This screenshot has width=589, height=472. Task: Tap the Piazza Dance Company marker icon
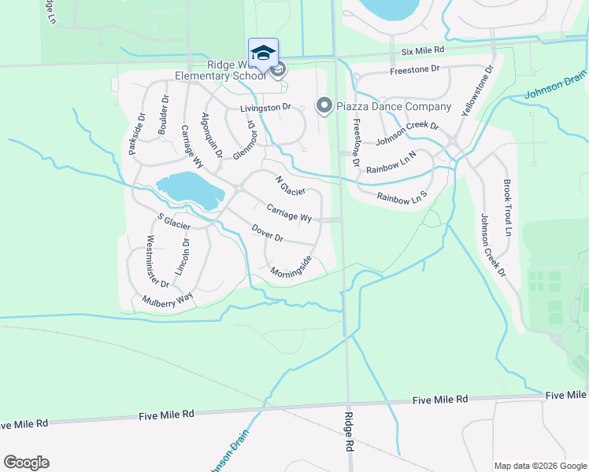coord(323,105)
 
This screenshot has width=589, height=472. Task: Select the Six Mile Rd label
coord(422,50)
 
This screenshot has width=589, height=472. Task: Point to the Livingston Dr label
coord(266,107)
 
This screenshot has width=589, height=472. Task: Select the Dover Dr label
coord(267,233)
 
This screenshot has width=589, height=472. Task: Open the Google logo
coord(26,463)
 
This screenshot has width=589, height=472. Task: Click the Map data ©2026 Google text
coord(539,466)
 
